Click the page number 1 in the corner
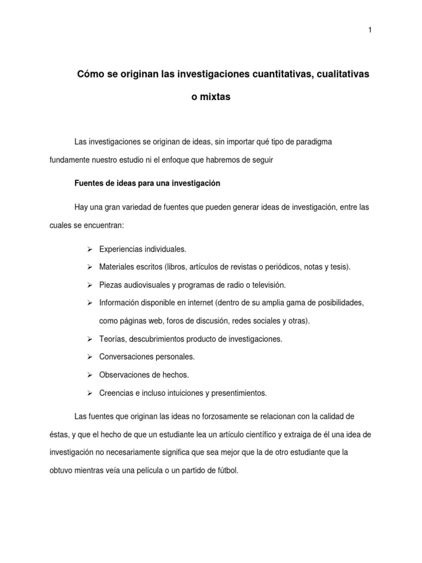(x=370, y=30)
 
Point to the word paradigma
(x=311, y=142)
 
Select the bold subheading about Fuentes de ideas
(x=147, y=183)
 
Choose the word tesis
(x=338, y=267)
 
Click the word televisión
(x=265, y=285)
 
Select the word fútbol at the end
(x=227, y=471)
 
